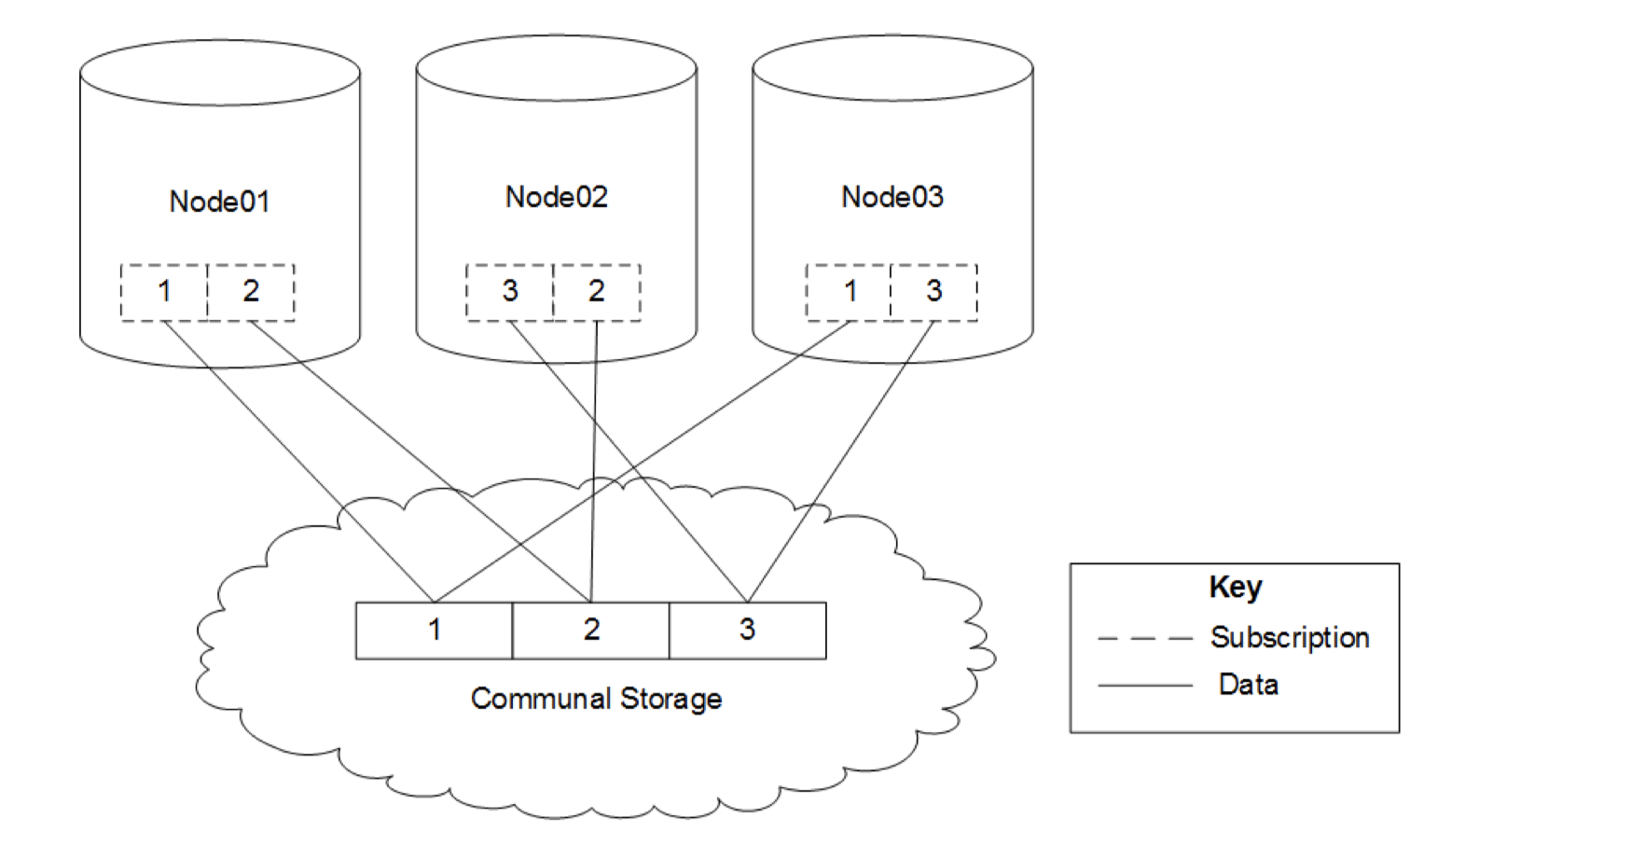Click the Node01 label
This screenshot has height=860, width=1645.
click(x=219, y=201)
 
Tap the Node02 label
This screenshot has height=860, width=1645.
click(x=557, y=197)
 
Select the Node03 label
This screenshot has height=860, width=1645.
click(x=892, y=197)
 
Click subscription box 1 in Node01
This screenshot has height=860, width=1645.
click(x=164, y=293)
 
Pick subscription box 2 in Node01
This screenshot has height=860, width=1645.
click(x=251, y=293)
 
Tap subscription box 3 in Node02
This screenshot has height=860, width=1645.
click(x=509, y=293)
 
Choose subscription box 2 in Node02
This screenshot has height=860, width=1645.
click(x=597, y=293)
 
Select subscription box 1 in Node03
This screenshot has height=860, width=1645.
click(x=849, y=293)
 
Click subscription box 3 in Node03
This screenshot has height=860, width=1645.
click(x=934, y=293)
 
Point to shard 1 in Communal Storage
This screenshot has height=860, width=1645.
click(x=435, y=631)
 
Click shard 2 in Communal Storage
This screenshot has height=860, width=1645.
click(x=591, y=631)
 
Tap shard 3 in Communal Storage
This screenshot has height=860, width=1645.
click(x=748, y=631)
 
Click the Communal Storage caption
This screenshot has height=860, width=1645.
click(x=596, y=699)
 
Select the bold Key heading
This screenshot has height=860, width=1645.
click(x=1236, y=588)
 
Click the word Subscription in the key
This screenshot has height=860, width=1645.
click(x=1290, y=638)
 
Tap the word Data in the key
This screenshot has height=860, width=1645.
click(x=1248, y=685)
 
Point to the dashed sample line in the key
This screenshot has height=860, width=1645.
click(x=1145, y=639)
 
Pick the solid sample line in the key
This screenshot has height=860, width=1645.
click(x=1145, y=686)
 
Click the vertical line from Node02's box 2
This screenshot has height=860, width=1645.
click(x=594, y=462)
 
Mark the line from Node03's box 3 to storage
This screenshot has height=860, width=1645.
click(x=840, y=462)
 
